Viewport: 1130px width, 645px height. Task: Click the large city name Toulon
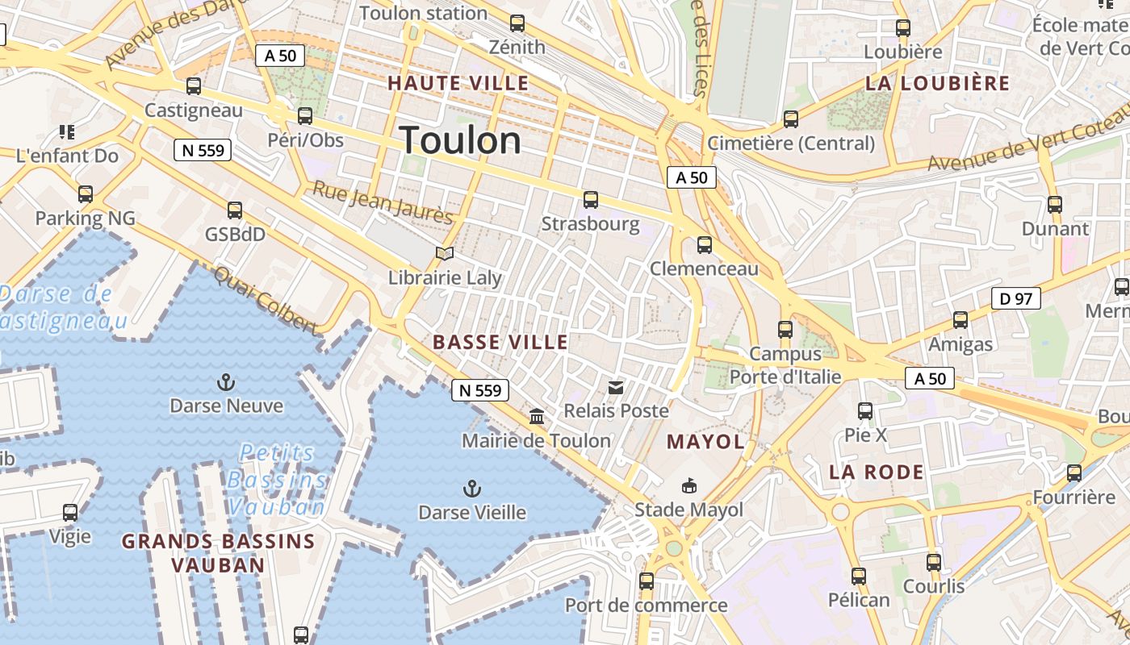[x=461, y=141]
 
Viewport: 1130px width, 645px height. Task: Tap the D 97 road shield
[x=1015, y=299]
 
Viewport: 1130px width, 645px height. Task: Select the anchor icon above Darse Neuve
[x=226, y=382]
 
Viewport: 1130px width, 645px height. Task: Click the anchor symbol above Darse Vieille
[x=471, y=489]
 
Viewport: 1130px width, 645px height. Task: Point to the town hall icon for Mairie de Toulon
[x=536, y=417]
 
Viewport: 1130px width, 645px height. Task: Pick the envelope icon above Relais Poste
[x=616, y=388]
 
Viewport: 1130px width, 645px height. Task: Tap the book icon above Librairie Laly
[x=445, y=254]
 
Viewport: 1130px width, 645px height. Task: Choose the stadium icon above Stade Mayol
[x=688, y=485]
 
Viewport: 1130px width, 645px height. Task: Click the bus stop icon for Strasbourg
[x=591, y=200]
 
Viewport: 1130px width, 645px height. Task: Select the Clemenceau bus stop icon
[x=705, y=245]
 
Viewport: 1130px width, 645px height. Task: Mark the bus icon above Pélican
[x=859, y=576]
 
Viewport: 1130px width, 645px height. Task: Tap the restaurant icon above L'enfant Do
[x=67, y=131]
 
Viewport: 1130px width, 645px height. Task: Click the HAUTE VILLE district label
[x=458, y=83]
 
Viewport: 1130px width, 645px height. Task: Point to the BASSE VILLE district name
[x=500, y=342]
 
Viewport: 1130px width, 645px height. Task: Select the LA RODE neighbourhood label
[x=876, y=472]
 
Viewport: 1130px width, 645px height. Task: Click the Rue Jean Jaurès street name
[x=383, y=202]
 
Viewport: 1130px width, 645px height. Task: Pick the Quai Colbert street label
[x=266, y=299]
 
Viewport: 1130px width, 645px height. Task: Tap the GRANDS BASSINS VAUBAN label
[x=218, y=553]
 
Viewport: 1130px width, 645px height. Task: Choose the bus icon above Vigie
[x=70, y=513]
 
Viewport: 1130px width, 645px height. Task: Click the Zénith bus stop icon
[x=517, y=23]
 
